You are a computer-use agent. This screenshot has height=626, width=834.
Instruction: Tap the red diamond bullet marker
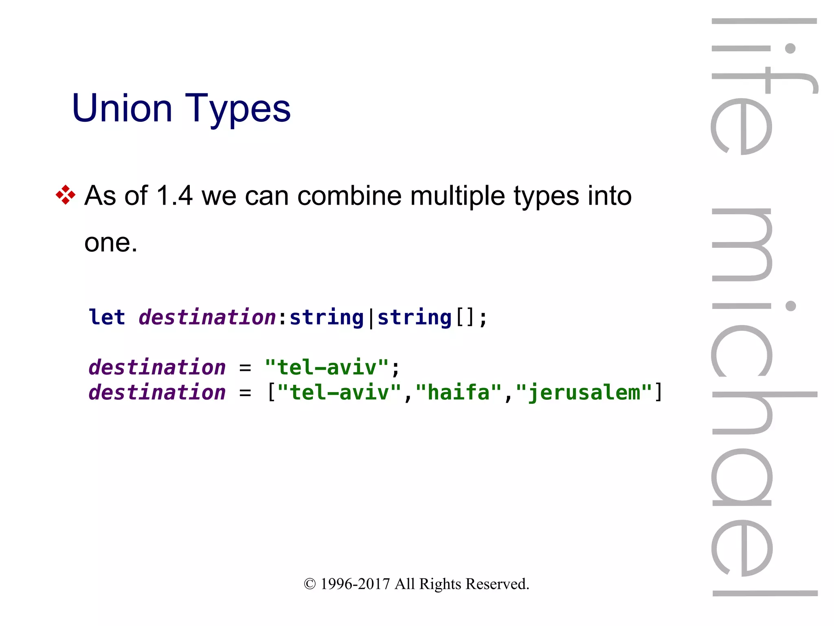66,195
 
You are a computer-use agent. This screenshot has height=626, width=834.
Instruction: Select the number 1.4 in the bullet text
174,196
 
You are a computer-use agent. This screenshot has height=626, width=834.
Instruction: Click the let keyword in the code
107,317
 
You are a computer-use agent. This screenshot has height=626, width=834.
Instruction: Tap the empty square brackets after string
465,317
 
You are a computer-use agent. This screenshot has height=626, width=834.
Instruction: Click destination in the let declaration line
207,317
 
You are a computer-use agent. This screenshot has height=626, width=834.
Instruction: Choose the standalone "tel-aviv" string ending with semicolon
327,368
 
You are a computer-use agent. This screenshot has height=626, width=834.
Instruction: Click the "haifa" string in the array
459,392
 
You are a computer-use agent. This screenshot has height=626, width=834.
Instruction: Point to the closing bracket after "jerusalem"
658,392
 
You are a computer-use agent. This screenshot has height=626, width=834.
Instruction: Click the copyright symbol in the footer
309,584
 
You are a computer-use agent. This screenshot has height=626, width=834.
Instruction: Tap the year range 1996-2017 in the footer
355,584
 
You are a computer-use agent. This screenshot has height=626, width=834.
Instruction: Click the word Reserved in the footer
497,584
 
